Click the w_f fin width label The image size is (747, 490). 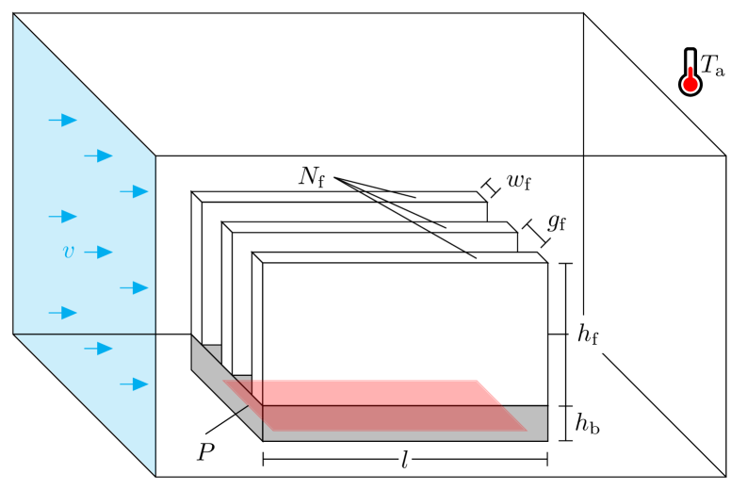pyautogui.click(x=518, y=181)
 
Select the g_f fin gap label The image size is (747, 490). pyautogui.click(x=557, y=223)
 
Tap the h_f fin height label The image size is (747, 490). pyautogui.click(x=588, y=334)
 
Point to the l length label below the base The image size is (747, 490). pyautogui.click(x=405, y=460)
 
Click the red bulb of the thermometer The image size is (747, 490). pyautogui.click(x=690, y=85)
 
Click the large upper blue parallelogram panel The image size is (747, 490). pyautogui.click(x=84, y=207)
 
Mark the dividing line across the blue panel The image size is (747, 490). pyautogui.click(x=84, y=334)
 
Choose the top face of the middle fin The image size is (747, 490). pyautogui.click(x=367, y=227)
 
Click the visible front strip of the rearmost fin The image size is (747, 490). pyautogui.click(x=212, y=273)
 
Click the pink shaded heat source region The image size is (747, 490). pyautogui.click(x=377, y=405)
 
